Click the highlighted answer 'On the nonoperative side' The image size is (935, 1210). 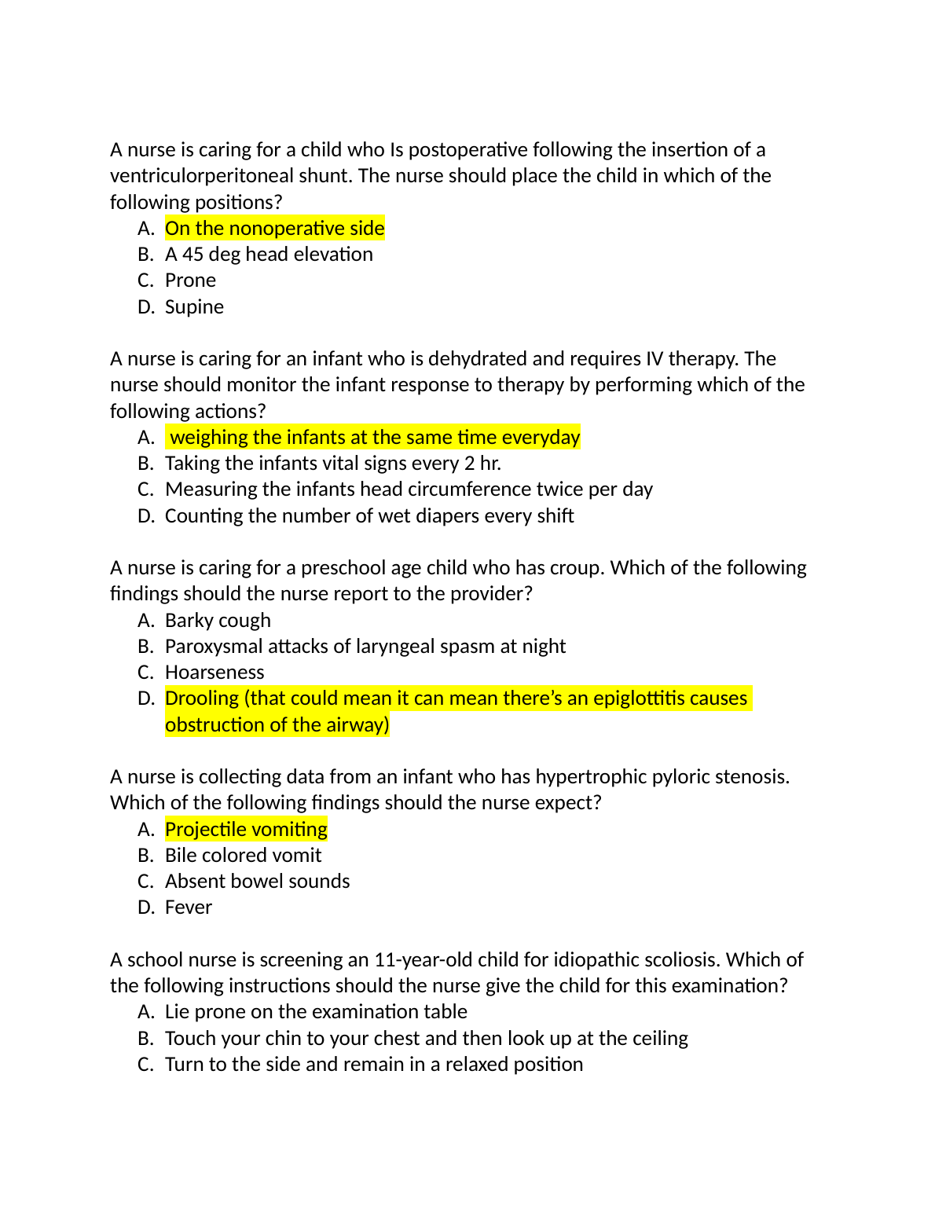tap(274, 229)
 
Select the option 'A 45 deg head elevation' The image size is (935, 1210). tap(269, 255)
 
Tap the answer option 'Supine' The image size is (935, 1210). tap(194, 307)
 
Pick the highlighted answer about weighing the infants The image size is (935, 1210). tap(374, 438)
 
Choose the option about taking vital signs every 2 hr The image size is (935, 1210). tap(332, 464)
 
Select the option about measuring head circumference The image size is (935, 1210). tap(409, 489)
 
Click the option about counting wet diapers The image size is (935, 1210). tap(369, 516)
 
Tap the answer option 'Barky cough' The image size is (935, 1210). tap(218, 621)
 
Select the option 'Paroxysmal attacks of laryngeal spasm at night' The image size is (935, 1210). tap(365, 647)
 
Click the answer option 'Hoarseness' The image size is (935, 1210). tap(214, 673)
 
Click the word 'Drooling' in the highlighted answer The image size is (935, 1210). tap(201, 698)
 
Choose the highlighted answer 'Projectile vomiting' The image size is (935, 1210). tap(246, 830)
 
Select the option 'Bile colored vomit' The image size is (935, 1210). tap(243, 856)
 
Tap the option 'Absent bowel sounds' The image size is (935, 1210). tap(257, 882)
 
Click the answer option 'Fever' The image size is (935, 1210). tap(189, 907)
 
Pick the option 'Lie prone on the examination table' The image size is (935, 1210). tap(316, 1012)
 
